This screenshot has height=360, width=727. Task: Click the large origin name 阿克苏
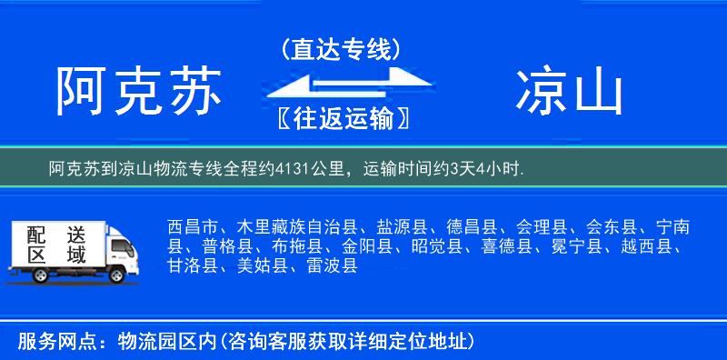pyautogui.click(x=138, y=92)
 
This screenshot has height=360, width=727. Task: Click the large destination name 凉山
pyautogui.click(x=570, y=92)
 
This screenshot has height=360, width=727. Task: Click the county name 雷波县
pyautogui.click(x=331, y=265)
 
